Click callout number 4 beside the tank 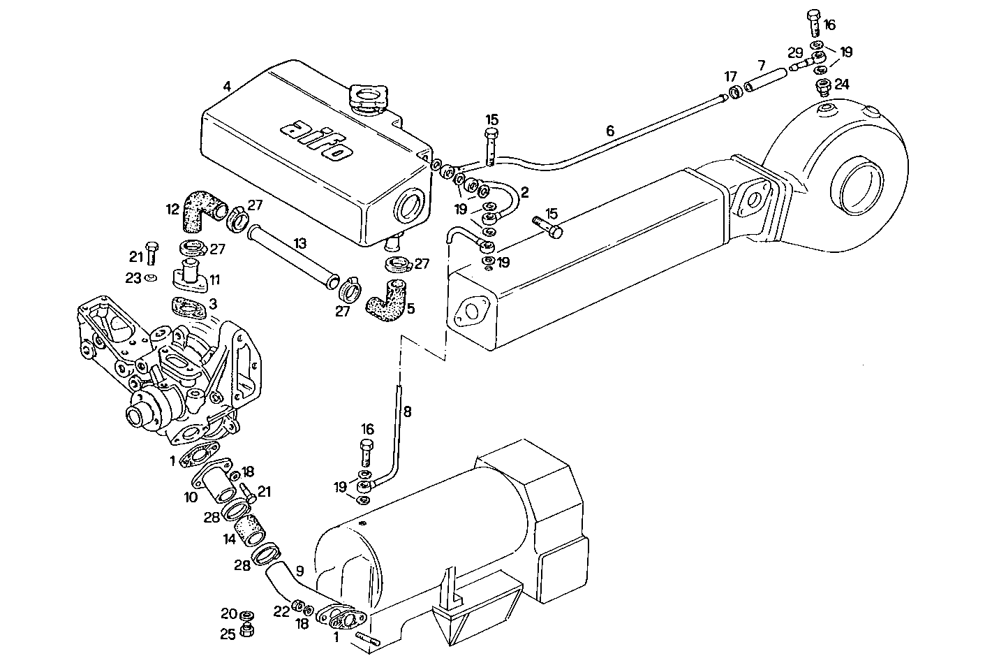click(227, 87)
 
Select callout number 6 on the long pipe click(609, 131)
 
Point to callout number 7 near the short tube click(761, 65)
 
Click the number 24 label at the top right click(841, 84)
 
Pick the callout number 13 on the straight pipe click(299, 243)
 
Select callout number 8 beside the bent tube click(408, 412)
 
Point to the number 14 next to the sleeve click(229, 539)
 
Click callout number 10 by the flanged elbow click(191, 497)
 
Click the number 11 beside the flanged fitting click(214, 279)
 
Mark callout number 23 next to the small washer click(133, 277)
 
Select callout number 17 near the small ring click(730, 75)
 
